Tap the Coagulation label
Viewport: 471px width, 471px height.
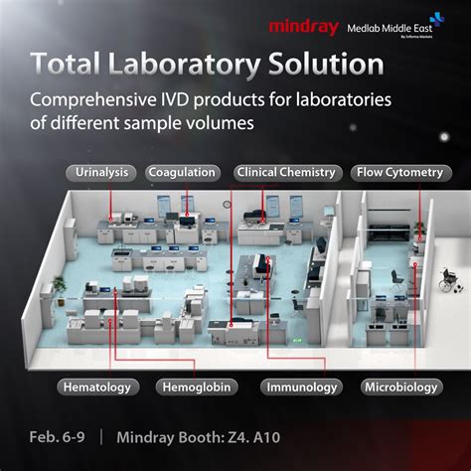coord(182,172)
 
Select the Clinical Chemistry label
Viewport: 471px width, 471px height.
coord(285,172)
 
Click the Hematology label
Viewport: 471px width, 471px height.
coord(97,387)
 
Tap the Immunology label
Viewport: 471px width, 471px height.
coord(301,387)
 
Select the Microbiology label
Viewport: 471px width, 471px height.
coord(401,387)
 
